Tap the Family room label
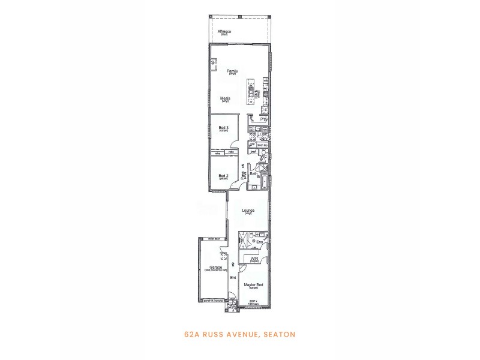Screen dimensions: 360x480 coord(233,71)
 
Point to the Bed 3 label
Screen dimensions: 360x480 coord(223,128)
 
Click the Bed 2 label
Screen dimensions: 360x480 coord(223,176)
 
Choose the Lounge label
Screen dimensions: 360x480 coord(248,211)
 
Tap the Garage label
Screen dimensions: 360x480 coord(216,268)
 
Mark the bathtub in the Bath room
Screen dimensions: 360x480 coord(265,180)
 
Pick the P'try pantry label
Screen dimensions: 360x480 coord(263,119)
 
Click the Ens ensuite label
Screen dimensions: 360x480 coord(259,242)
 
